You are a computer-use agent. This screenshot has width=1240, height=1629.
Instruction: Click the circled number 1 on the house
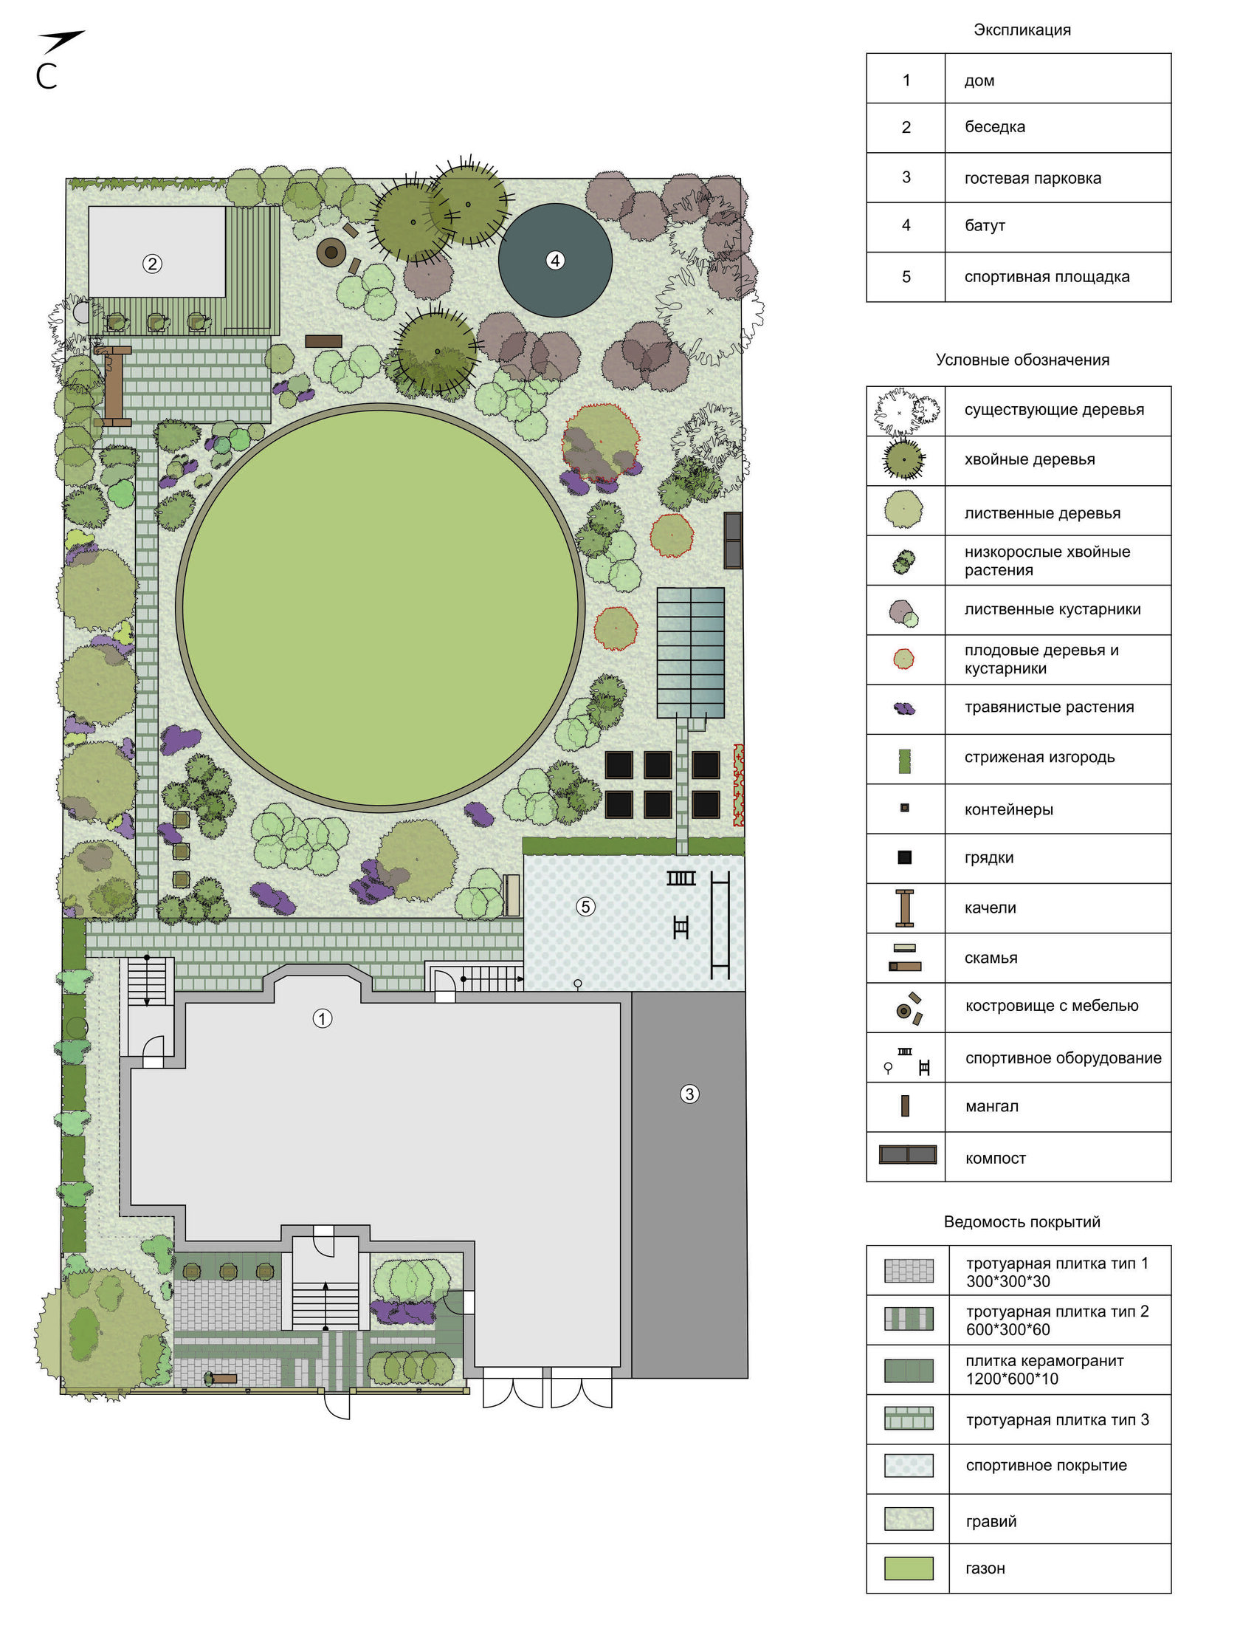(323, 1019)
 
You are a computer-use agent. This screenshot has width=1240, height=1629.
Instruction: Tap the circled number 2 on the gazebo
(152, 264)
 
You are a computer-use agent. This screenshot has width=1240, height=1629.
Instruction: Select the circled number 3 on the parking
(689, 1094)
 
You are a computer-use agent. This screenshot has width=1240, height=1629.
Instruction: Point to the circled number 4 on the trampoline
(555, 260)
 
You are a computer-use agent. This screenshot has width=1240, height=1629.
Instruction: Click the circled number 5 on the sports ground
(585, 906)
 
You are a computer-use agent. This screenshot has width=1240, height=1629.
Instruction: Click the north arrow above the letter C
(62, 41)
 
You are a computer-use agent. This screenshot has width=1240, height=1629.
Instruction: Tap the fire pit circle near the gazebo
(331, 253)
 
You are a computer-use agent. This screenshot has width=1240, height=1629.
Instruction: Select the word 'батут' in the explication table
(985, 226)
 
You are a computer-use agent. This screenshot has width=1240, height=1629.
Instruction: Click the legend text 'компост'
(996, 1159)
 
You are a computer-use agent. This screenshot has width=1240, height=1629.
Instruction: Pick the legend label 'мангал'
(992, 1106)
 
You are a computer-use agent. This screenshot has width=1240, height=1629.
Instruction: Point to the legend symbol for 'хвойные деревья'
(904, 459)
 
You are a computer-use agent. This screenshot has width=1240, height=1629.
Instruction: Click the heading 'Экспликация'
(1022, 30)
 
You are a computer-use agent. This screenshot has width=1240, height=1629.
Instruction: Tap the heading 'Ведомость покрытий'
(1022, 1222)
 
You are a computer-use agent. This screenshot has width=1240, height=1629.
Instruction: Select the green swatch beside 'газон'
(909, 1568)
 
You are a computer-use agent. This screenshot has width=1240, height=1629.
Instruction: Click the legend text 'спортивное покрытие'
(1047, 1466)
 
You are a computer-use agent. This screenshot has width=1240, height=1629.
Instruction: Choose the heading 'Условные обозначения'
(1022, 360)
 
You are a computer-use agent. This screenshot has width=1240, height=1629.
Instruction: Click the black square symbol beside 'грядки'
(905, 857)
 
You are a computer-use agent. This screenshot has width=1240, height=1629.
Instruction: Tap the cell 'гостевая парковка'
(1033, 178)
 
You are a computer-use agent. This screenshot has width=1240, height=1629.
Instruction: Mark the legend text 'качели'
(991, 908)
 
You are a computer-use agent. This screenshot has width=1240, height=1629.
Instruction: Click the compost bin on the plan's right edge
(733, 540)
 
